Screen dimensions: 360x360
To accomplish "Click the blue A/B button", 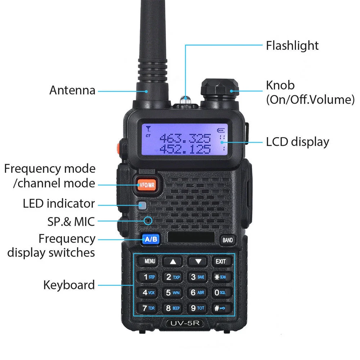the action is click(x=151, y=239).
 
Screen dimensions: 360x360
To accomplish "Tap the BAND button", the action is click(x=228, y=240).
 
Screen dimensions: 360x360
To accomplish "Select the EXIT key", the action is click(x=221, y=261).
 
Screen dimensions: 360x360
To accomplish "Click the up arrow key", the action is click(x=173, y=261).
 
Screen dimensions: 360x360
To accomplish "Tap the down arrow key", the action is click(x=198, y=261).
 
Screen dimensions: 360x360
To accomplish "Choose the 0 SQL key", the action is click(x=220, y=292).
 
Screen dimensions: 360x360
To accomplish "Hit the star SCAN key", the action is click(x=220, y=277).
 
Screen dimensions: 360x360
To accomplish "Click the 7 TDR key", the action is click(x=148, y=308).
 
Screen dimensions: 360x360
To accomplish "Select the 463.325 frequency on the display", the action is click(x=185, y=138).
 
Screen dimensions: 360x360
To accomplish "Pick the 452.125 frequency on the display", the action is click(x=185, y=149).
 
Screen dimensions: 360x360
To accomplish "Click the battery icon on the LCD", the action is click(x=221, y=130).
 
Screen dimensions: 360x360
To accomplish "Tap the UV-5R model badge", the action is click(x=185, y=323).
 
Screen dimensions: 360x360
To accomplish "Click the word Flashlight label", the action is click(x=292, y=45).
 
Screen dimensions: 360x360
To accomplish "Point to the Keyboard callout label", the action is click(x=69, y=285).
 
